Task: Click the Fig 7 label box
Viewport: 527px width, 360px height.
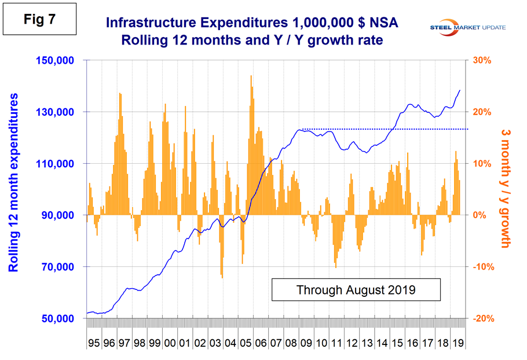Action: point(39,20)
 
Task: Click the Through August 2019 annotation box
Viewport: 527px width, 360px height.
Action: point(356,290)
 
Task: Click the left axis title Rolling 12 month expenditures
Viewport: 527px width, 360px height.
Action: point(13,182)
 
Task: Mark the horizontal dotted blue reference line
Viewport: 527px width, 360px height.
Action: point(382,129)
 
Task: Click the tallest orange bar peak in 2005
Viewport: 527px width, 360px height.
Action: point(251,76)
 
